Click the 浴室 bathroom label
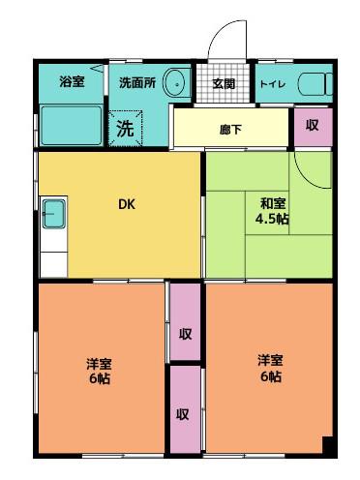click(x=72, y=81)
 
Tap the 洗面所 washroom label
click(x=137, y=83)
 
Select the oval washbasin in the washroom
click(x=177, y=83)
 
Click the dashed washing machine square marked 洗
click(x=125, y=128)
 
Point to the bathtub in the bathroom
click(x=72, y=125)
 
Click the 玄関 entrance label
click(x=224, y=84)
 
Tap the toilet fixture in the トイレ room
click(x=315, y=84)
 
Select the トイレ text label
click(x=273, y=84)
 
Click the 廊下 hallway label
click(x=230, y=130)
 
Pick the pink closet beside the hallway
click(x=313, y=127)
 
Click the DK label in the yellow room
click(x=127, y=204)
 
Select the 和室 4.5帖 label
click(x=272, y=211)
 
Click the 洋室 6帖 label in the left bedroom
click(x=100, y=371)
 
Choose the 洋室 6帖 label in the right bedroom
click(x=270, y=369)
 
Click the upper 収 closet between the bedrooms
click(x=185, y=321)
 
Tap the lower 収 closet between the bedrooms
click(x=185, y=409)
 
